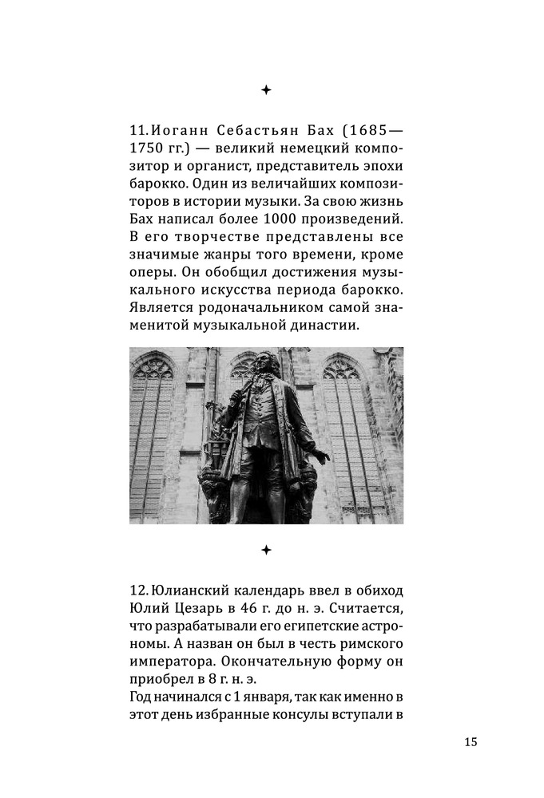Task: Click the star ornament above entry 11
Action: point(266,90)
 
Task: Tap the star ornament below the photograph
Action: point(266,550)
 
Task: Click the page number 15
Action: point(470,742)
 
